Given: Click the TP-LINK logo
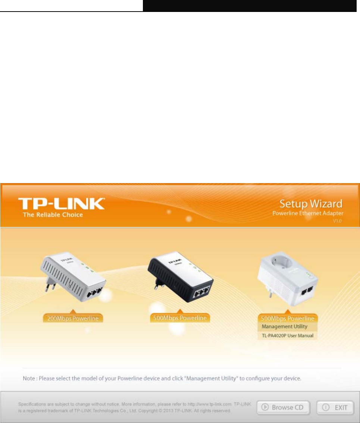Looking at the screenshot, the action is coord(62,204).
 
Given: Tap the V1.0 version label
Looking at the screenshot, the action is coord(337,221).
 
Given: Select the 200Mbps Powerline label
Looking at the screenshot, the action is coord(73,319).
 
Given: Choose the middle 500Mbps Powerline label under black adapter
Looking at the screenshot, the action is coord(180,318).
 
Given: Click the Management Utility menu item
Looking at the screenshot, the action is coord(284,327).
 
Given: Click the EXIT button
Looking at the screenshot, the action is coord(335,407).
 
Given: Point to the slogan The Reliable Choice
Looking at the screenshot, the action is coord(53,215).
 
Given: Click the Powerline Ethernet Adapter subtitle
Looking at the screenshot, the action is coord(313,214).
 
